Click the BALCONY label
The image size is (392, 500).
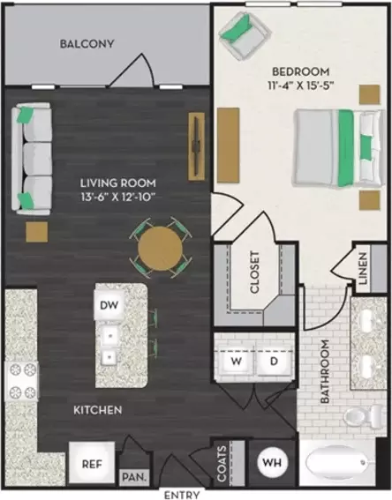click(87, 44)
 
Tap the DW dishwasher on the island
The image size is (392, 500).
click(109, 305)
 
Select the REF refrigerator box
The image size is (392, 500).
click(92, 464)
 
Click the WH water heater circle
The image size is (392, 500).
click(273, 462)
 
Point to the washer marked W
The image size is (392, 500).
click(237, 362)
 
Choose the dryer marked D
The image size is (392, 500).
click(274, 362)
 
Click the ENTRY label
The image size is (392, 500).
click(182, 495)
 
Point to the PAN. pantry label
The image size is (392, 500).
click(134, 477)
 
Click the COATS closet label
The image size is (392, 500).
click(222, 463)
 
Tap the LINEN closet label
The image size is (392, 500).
click(363, 268)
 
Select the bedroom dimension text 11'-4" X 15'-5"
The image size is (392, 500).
click(301, 86)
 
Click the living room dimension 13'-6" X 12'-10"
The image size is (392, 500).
click(118, 197)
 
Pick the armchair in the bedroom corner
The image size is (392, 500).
click(245, 36)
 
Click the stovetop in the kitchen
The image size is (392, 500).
click(21, 380)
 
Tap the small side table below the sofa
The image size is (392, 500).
click(37, 232)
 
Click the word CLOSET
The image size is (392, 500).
click(255, 272)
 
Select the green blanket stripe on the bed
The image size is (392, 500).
click(346, 148)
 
